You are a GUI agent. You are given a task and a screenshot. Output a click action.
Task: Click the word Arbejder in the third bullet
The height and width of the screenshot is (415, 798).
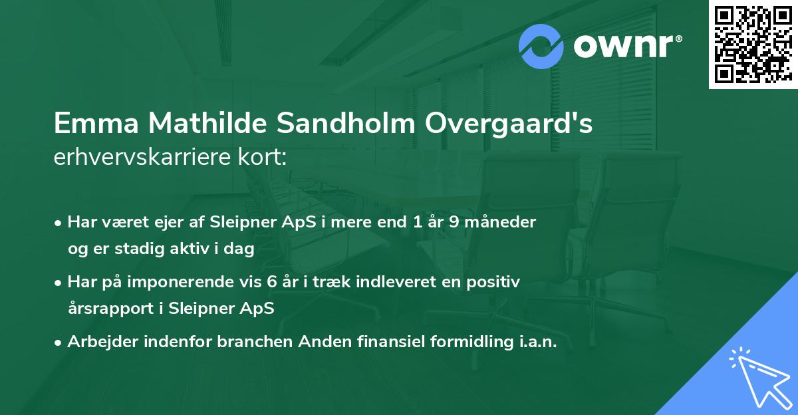pos(97,342)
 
